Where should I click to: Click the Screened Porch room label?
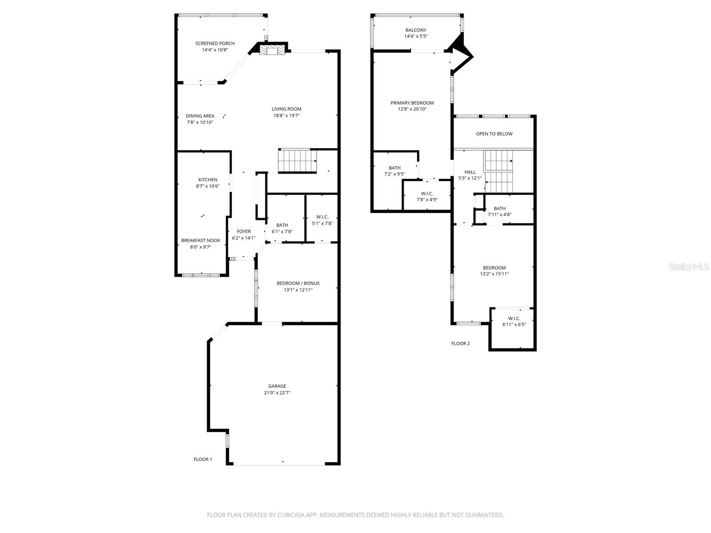click(215, 44)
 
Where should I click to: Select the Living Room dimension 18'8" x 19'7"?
click(287, 115)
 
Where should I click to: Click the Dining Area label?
click(200, 116)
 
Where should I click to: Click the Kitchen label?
click(208, 180)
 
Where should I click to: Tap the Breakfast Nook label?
click(200, 241)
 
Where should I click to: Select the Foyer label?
click(244, 231)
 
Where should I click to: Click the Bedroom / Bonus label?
click(298, 283)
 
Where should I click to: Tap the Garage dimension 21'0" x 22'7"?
click(277, 393)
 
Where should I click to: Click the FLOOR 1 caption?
click(203, 459)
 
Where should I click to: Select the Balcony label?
click(415, 30)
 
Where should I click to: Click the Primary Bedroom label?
click(412, 103)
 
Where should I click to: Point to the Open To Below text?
click(494, 134)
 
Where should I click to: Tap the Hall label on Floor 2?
click(470, 172)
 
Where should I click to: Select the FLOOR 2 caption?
click(460, 343)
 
